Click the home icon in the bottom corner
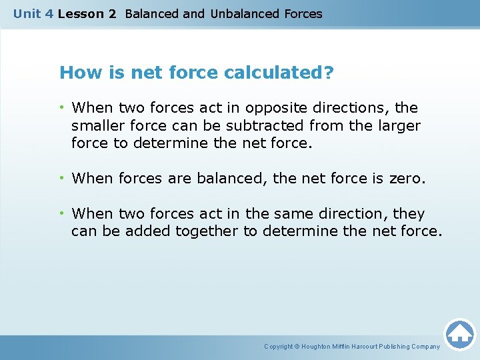(459, 334)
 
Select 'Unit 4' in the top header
(33, 13)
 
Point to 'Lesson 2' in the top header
(87, 13)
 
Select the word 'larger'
(399, 125)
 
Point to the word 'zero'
(407, 179)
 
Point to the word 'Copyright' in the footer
(278, 347)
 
